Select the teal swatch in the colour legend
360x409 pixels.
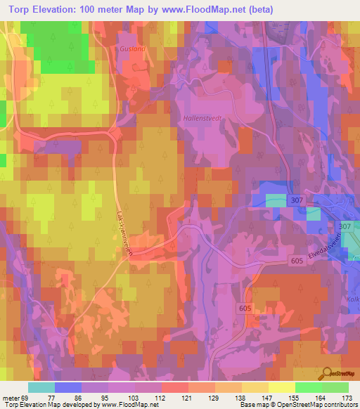tap(41, 387)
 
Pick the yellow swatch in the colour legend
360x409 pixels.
tap(281, 387)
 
